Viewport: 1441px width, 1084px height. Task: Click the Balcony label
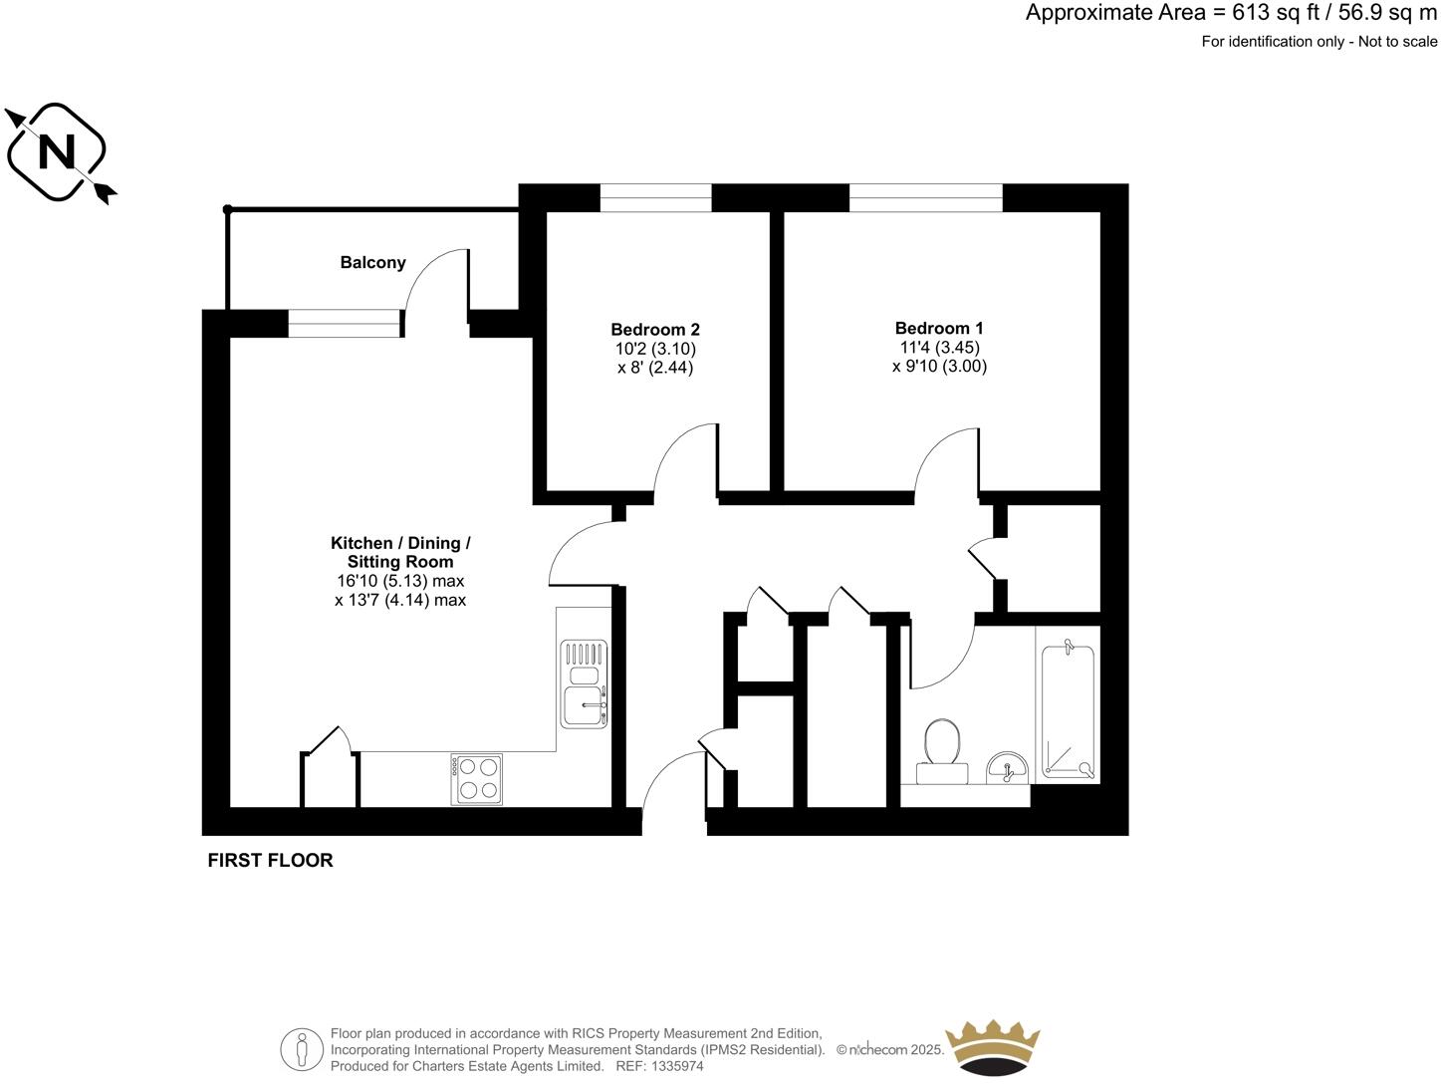(x=372, y=262)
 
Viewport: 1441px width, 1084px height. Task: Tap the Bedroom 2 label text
(x=654, y=329)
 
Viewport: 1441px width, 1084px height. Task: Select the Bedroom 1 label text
(x=938, y=328)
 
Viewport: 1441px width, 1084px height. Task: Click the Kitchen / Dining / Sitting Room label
(x=400, y=552)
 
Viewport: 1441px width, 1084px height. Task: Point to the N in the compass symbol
(x=56, y=152)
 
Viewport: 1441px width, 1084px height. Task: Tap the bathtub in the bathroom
(x=1068, y=711)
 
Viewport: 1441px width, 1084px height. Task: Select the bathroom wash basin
(x=1008, y=768)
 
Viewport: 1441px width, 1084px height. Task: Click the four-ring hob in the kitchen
(x=477, y=778)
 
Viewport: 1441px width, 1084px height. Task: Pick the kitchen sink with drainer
(x=584, y=683)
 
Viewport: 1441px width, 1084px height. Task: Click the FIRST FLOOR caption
(x=270, y=860)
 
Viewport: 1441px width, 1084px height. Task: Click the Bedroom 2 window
(x=655, y=198)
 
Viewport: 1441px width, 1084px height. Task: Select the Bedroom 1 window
(x=925, y=198)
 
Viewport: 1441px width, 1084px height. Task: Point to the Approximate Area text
(x=1231, y=13)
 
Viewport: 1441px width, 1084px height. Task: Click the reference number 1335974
(x=675, y=1066)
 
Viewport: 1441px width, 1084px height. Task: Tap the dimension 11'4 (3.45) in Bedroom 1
(x=938, y=348)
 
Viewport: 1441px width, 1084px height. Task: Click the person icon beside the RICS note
(x=302, y=1049)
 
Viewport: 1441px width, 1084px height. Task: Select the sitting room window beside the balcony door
(x=345, y=324)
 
